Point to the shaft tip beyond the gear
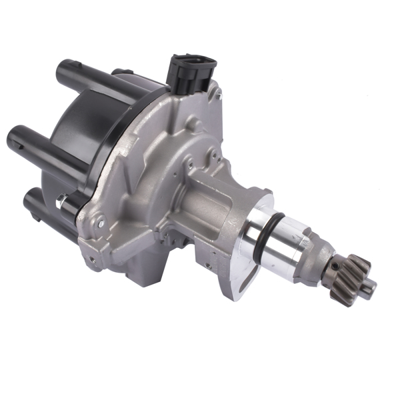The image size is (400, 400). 368,287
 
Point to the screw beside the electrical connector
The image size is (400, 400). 217,95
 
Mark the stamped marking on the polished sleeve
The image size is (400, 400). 293,233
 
